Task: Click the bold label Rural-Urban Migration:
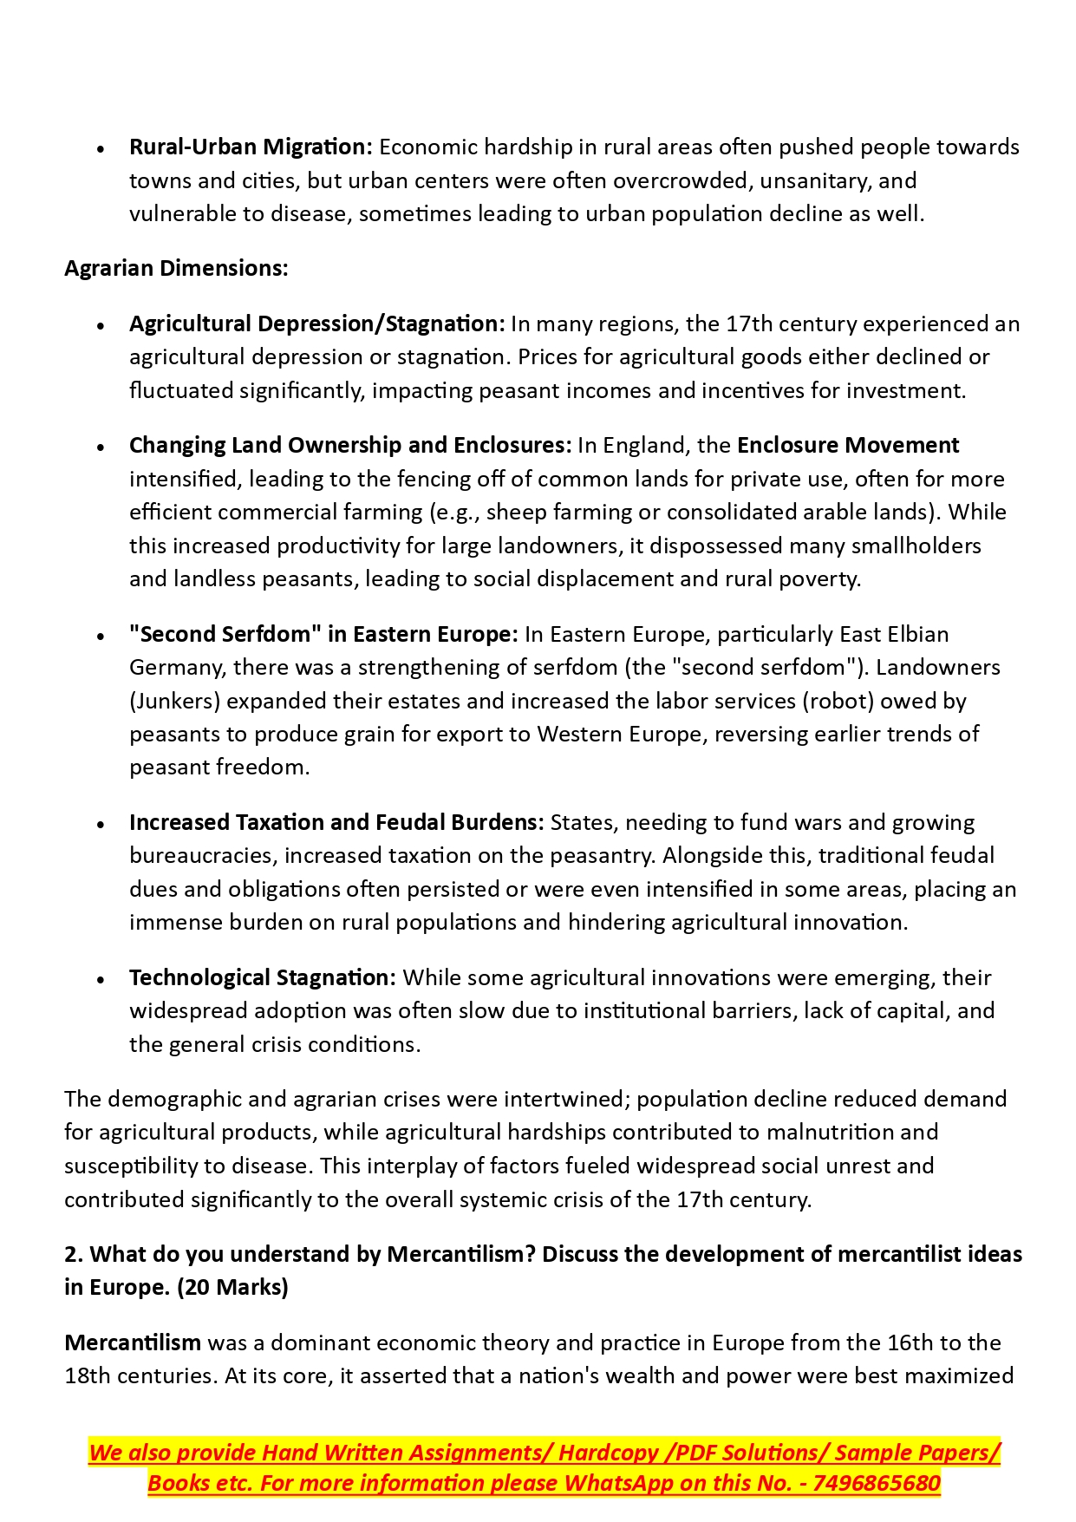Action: tap(251, 147)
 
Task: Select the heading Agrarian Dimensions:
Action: tap(176, 268)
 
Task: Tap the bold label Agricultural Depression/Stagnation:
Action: tap(316, 323)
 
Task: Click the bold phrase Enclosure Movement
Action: tap(848, 445)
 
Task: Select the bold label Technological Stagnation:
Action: tap(262, 977)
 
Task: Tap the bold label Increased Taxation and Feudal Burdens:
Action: tap(336, 822)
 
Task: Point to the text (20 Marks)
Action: tap(232, 1287)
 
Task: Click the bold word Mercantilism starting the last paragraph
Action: tap(133, 1342)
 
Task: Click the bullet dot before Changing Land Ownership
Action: tap(101, 447)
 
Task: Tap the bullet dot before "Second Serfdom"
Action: tap(101, 637)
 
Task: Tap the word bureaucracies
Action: tap(203, 855)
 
